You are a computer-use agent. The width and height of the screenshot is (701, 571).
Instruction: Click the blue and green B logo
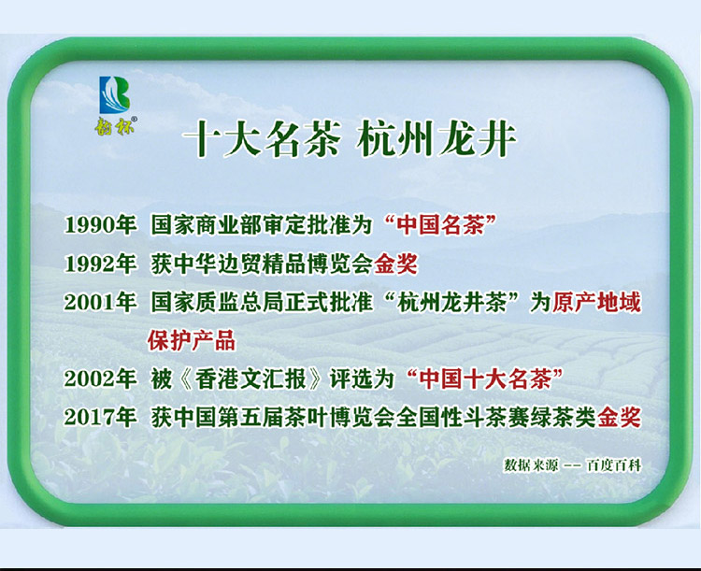[x=114, y=94]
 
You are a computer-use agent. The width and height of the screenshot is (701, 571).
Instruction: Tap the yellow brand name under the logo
[x=115, y=125]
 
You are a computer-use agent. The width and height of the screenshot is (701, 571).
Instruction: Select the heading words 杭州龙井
[x=436, y=139]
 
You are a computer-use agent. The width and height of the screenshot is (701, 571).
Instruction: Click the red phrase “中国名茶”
[x=440, y=225]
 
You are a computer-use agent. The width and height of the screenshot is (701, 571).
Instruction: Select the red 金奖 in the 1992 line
[x=395, y=264]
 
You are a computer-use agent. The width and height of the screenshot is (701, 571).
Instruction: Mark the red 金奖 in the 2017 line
[x=619, y=418]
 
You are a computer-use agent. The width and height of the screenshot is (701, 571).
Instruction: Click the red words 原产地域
[x=597, y=302]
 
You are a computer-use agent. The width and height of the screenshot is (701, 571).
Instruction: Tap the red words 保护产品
[x=192, y=341]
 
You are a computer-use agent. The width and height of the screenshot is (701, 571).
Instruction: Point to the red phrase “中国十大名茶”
[x=485, y=379]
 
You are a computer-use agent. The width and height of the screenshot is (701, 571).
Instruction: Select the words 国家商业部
[x=207, y=225]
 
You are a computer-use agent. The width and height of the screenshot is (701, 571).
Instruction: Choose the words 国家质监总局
[x=217, y=302]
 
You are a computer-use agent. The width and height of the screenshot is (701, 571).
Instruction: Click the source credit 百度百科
[x=614, y=465]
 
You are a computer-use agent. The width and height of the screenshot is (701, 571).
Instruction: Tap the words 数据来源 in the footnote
[x=531, y=465]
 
